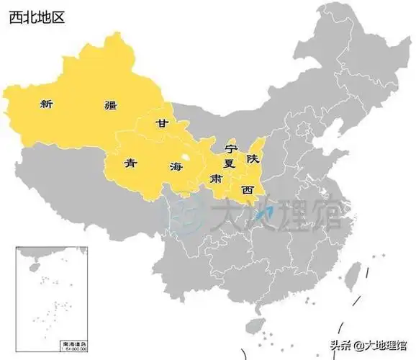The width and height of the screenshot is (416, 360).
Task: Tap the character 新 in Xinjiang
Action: (x=47, y=104)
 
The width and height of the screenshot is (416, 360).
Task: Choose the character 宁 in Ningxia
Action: (x=230, y=148)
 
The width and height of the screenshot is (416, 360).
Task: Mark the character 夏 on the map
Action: (x=230, y=163)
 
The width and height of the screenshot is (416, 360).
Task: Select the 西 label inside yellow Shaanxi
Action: (x=248, y=190)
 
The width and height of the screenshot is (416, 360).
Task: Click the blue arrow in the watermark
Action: (x=263, y=214)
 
